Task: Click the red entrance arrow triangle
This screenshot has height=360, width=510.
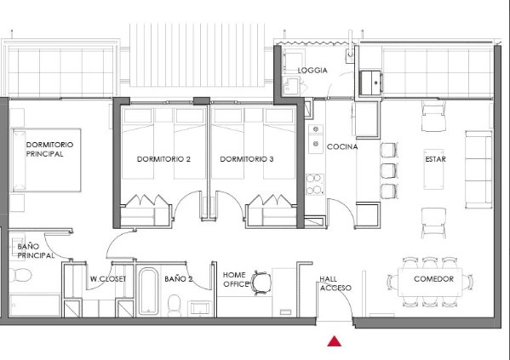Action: [x=335, y=341]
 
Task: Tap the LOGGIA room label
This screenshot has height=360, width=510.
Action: [x=312, y=71]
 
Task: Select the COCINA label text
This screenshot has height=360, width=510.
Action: [x=342, y=146]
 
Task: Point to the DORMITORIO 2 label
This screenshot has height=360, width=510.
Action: [x=163, y=159]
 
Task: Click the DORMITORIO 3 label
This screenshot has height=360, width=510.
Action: [x=247, y=159]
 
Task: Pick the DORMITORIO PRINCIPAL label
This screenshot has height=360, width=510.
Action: [x=49, y=149]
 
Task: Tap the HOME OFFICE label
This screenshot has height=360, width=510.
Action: [x=235, y=279]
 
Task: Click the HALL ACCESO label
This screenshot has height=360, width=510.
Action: [x=335, y=283]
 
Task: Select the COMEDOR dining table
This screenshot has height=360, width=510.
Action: [x=430, y=282]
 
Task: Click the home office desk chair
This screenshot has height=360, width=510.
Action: [x=261, y=283]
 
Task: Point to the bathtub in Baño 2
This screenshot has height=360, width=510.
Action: [x=149, y=291]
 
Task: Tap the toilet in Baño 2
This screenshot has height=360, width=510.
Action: [x=175, y=305]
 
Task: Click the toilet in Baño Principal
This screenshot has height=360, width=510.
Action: [x=20, y=275]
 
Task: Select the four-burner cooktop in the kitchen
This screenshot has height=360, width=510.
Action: [x=315, y=184]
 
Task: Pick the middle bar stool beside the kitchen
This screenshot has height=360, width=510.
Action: [x=389, y=171]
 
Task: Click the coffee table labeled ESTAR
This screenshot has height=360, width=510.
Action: [x=434, y=169]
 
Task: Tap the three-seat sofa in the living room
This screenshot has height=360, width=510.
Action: [x=478, y=169]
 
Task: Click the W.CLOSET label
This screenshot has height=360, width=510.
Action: [x=108, y=279]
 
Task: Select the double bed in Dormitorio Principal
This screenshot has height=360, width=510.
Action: [x=46, y=160]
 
